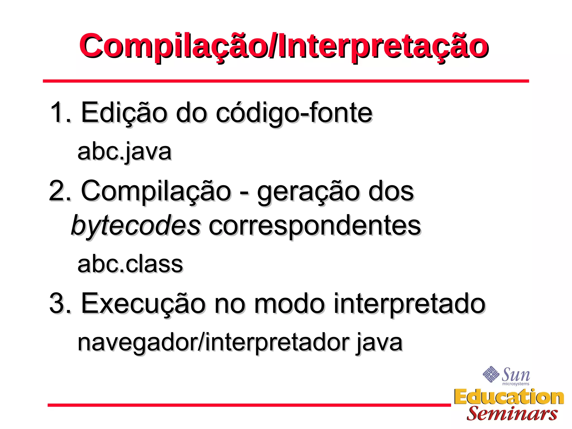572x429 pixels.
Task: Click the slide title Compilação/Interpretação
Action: pos(283,46)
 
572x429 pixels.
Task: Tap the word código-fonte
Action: pos(294,113)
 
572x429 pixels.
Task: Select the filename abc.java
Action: pos(124,152)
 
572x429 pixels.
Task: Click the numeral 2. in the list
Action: pos(59,191)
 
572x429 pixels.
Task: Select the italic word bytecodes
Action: pos(136,226)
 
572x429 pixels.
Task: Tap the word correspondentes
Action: pos(314,226)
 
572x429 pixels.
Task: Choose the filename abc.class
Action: pos(130,264)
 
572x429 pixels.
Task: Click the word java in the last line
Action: pos(379,342)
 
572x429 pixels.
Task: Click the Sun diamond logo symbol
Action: pos(491,374)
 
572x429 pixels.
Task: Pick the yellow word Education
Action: pos(509,397)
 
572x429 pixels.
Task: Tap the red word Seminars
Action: pos(512,414)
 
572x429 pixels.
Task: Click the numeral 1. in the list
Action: pos(60,113)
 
